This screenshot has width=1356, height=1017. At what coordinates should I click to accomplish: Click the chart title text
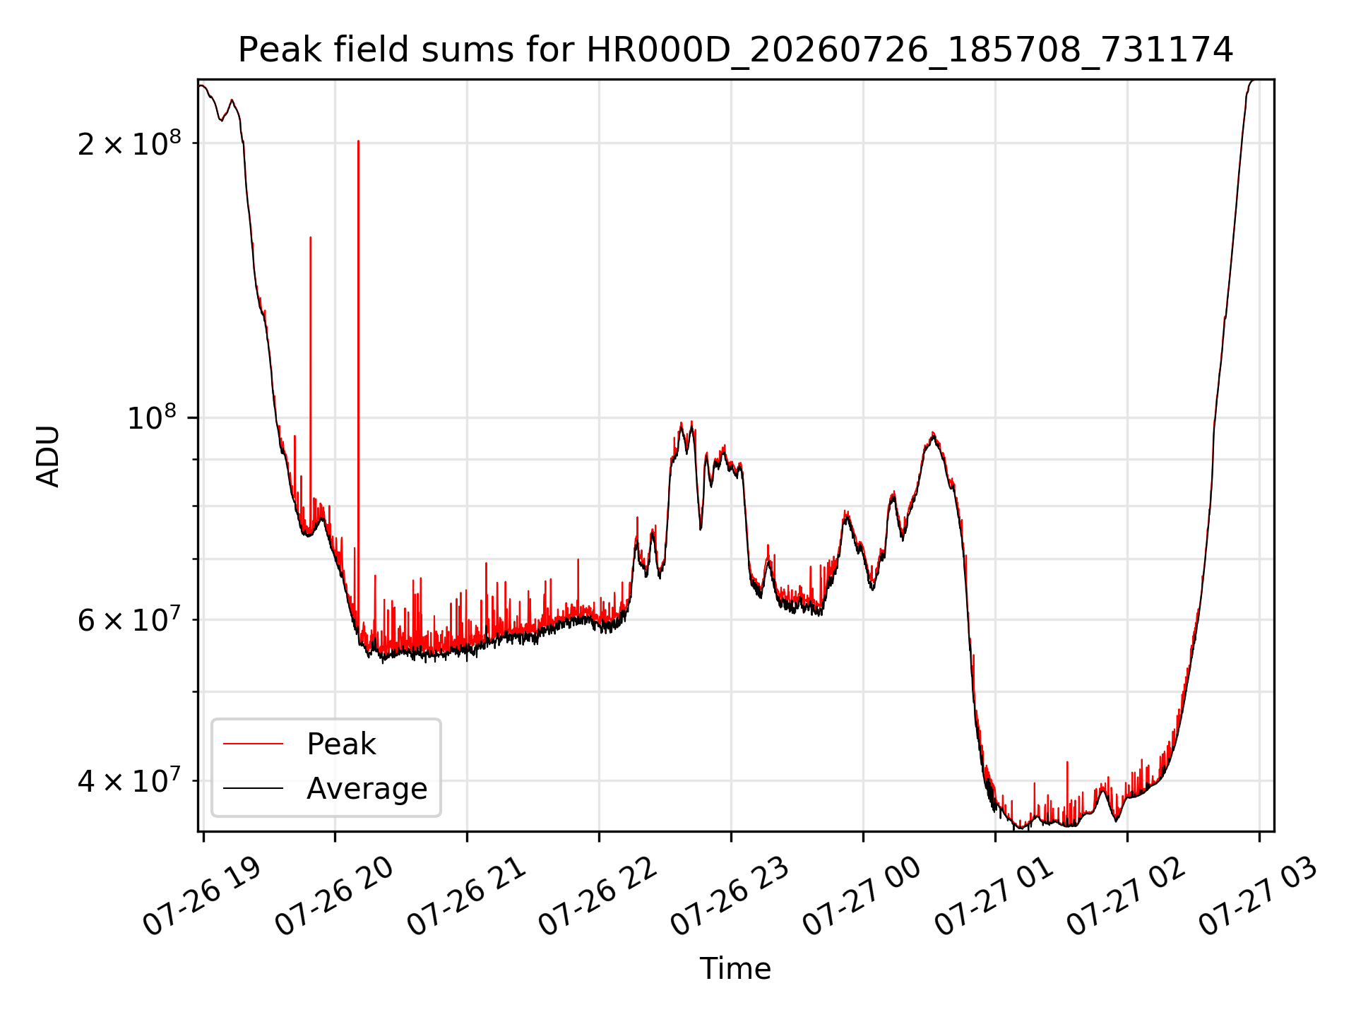[x=735, y=50]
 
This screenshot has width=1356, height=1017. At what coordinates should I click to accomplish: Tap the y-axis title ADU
[x=48, y=456]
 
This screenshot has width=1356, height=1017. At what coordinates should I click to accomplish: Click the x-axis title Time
[x=735, y=968]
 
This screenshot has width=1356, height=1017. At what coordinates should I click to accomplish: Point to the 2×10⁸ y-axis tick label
[x=129, y=143]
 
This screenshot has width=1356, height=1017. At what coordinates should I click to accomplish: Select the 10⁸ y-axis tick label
[x=154, y=417]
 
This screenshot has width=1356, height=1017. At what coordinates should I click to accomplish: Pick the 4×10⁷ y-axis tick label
[x=129, y=780]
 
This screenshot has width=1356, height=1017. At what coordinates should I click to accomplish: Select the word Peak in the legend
[x=341, y=744]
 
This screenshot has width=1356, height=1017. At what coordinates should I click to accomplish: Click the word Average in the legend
[x=367, y=788]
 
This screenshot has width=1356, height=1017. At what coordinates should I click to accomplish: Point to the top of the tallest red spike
[x=358, y=141]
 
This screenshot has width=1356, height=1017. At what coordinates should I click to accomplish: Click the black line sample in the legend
[x=253, y=788]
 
